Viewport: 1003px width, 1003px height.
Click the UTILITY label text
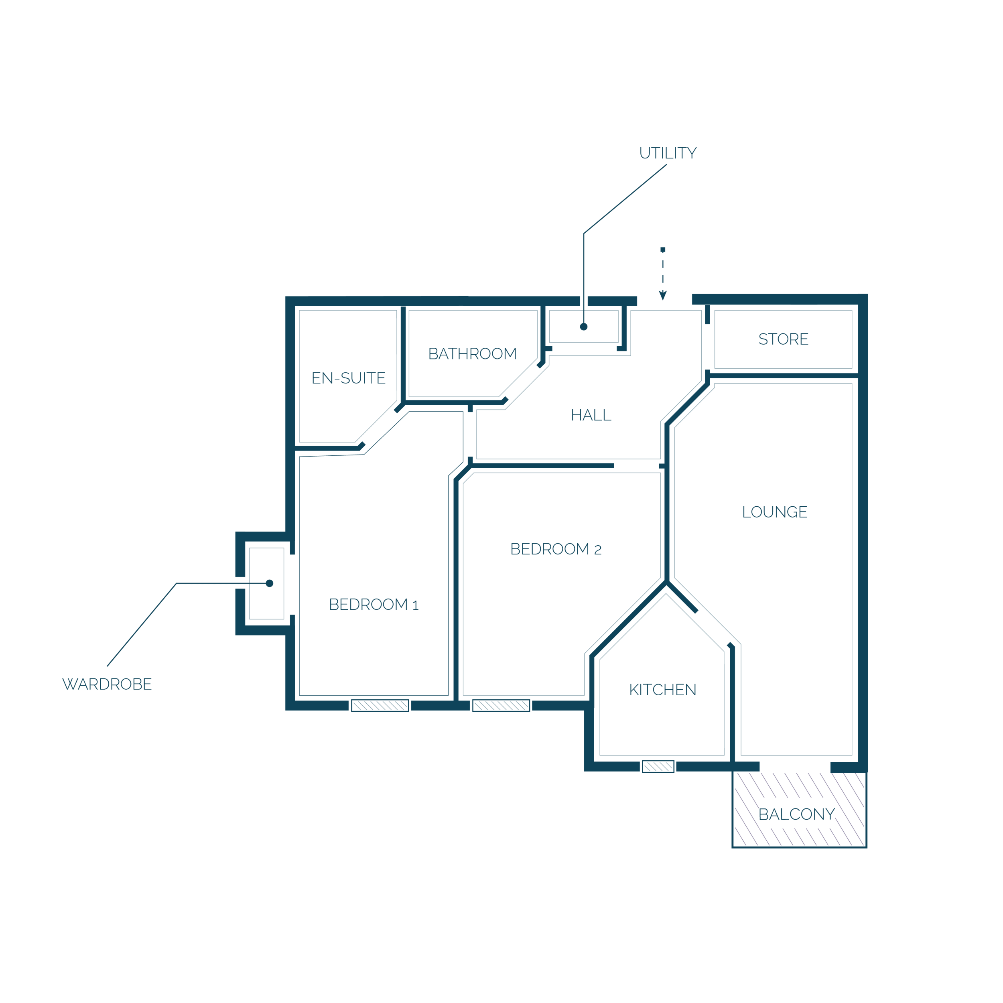pos(668,153)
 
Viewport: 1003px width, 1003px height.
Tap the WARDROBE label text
pos(107,684)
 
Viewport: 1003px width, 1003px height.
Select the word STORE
pos(784,339)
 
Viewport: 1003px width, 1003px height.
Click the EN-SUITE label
pos(348,378)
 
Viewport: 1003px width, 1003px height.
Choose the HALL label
pos(591,415)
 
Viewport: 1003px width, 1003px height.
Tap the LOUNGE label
pos(775,512)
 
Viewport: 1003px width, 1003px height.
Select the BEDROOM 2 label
pos(556,549)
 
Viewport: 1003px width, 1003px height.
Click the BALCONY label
pos(797,814)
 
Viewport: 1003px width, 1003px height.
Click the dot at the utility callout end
pos(583,327)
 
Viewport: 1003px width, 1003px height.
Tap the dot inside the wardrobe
pos(270,583)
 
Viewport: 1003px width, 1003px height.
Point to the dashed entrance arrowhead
pos(663,295)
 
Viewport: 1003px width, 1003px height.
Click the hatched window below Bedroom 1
pos(380,706)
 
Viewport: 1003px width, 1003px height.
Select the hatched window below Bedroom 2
pos(501,706)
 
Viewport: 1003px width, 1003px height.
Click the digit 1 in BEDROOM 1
pos(415,605)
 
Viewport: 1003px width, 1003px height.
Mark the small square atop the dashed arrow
pos(663,249)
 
